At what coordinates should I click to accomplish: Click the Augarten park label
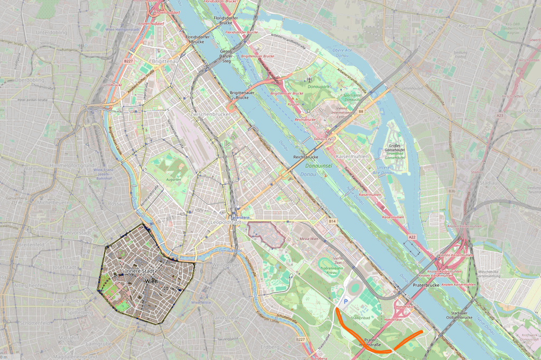173,180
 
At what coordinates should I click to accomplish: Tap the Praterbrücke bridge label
425,285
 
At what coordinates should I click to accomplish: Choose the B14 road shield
332,220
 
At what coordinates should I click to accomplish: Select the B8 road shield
361,112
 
